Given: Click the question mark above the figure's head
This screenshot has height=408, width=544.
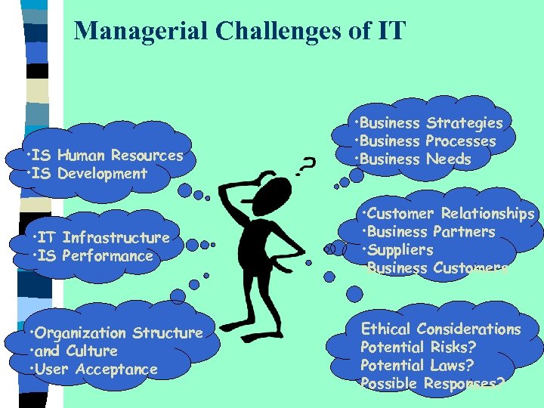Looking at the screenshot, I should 306,165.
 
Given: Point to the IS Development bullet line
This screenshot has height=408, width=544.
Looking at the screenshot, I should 89,174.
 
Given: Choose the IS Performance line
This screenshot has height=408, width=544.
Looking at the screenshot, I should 97,256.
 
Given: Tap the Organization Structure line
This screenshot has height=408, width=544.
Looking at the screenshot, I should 116,333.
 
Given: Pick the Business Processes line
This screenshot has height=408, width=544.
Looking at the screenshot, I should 428,141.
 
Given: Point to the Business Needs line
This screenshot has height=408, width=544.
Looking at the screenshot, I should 415,159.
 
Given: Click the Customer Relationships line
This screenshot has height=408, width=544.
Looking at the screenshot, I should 450,214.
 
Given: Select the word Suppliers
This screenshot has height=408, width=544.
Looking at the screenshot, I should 400,250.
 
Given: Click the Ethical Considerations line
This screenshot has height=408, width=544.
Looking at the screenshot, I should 441,329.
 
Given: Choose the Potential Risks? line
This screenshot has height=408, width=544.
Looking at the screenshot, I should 417,348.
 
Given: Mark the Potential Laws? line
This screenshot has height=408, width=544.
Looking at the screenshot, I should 417,366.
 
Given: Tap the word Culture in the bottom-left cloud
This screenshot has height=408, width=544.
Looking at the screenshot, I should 92,351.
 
